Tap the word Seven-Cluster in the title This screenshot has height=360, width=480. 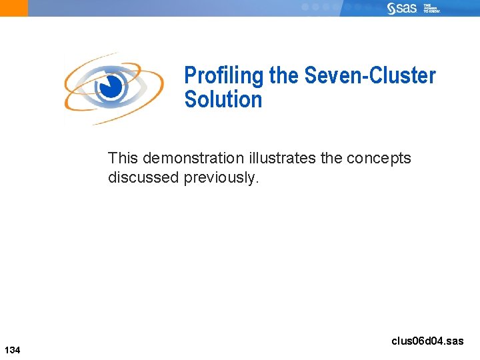[369, 75]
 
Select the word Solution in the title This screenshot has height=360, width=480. [223, 99]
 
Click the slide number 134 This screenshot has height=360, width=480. [13, 350]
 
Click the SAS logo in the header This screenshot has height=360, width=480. [402, 8]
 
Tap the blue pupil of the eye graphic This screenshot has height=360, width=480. [114, 86]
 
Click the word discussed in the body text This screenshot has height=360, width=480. [143, 177]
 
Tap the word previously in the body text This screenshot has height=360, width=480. [220, 177]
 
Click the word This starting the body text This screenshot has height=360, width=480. [123, 158]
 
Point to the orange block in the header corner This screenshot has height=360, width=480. [14, 8]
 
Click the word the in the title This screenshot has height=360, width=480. [284, 75]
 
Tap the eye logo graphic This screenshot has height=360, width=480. [113, 88]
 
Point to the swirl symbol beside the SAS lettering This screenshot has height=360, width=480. [392, 8]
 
